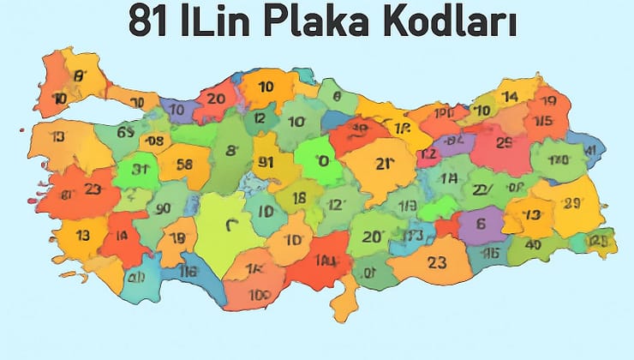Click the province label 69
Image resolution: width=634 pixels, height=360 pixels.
coord(125,132)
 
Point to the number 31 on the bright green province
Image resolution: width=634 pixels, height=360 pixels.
coord(141,169)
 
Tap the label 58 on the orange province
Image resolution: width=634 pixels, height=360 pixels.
coord(185,164)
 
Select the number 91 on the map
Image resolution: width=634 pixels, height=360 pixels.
coord(266,163)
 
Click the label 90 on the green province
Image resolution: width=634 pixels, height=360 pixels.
coord(163,208)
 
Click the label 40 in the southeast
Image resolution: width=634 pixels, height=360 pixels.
coord(533,243)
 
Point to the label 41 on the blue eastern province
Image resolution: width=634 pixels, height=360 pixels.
coord(590,151)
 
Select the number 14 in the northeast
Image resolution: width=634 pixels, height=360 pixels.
coord(510,96)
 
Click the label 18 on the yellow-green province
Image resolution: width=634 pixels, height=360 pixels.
coord(299,198)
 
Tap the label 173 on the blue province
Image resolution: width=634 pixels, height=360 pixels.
coord(413,236)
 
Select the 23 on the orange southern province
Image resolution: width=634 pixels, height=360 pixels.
coord(437,264)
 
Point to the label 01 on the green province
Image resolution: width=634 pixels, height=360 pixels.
coord(369,273)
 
